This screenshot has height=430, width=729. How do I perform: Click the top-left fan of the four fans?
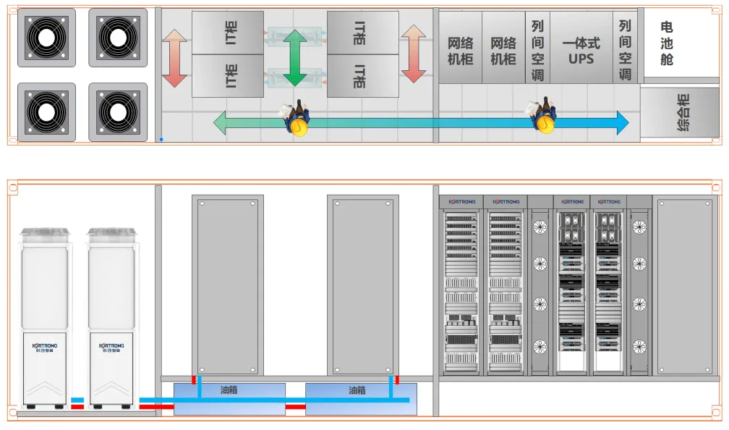(x=46, y=38)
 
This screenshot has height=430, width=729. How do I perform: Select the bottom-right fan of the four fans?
(x=117, y=112)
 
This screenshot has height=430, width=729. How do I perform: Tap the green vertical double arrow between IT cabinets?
(x=294, y=58)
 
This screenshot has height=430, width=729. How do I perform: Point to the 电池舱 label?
(x=666, y=43)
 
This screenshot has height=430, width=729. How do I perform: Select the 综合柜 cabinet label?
(x=682, y=112)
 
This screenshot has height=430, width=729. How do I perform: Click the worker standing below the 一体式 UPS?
(x=544, y=117)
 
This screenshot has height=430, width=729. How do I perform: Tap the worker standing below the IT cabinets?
(x=297, y=119)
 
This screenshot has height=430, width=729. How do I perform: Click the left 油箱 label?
(x=229, y=391)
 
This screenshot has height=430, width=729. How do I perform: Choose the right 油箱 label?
(x=357, y=391)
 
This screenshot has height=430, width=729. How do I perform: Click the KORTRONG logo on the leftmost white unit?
(x=46, y=346)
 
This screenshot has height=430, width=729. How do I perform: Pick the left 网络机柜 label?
(x=460, y=51)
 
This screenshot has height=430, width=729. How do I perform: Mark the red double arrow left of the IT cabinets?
(x=174, y=58)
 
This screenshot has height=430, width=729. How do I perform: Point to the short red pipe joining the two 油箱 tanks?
(x=295, y=407)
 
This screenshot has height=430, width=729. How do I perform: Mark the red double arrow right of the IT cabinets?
(x=413, y=54)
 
